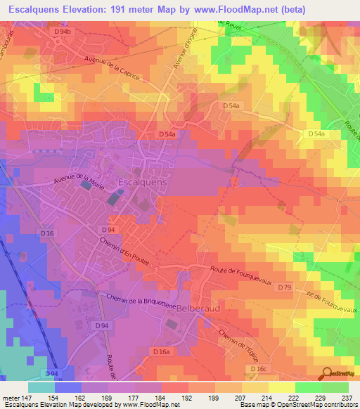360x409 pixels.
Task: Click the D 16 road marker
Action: pos(48,233)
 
